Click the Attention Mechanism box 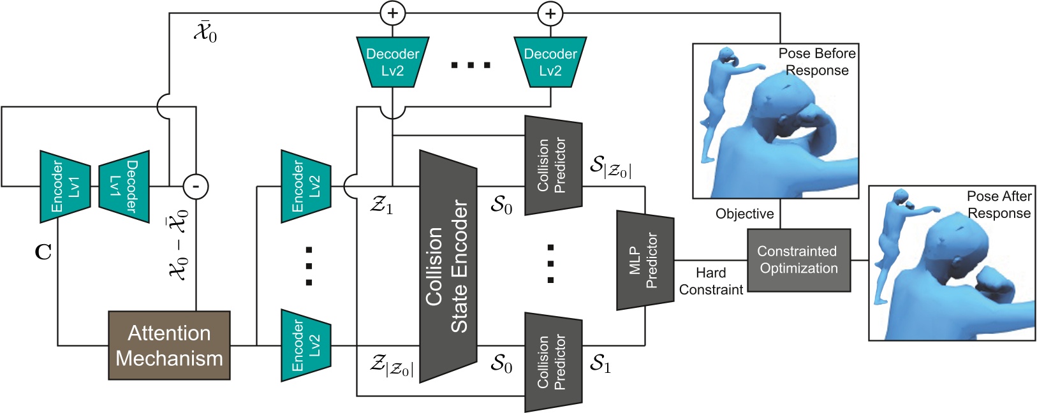[x=169, y=345]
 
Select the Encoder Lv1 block [x=65, y=186]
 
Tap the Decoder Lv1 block [x=124, y=186]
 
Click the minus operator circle [x=196, y=186]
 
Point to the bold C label [x=43, y=253]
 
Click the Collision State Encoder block [x=448, y=266]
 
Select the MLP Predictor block [x=644, y=260]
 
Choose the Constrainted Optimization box [x=798, y=260]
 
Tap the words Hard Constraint [x=710, y=281]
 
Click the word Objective [x=744, y=214]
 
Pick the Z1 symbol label [x=382, y=205]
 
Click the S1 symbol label [x=600, y=364]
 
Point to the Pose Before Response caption [x=817, y=62]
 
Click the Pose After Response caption [x=999, y=205]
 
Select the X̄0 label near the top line [x=205, y=32]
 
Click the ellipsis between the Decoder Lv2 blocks [x=471, y=65]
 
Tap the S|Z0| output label [x=610, y=166]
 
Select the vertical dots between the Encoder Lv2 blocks [x=309, y=266]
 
